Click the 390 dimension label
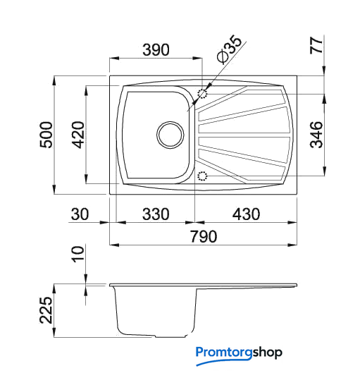coord(156,49)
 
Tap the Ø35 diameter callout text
coord(229,49)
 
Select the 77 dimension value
coord(316,45)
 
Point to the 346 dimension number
coord(316,135)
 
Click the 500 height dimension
coord(46,135)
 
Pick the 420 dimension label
coord(78,135)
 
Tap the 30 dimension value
coord(80,214)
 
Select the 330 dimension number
coord(156,214)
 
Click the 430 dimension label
coord(246,214)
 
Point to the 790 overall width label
coord(204,236)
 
